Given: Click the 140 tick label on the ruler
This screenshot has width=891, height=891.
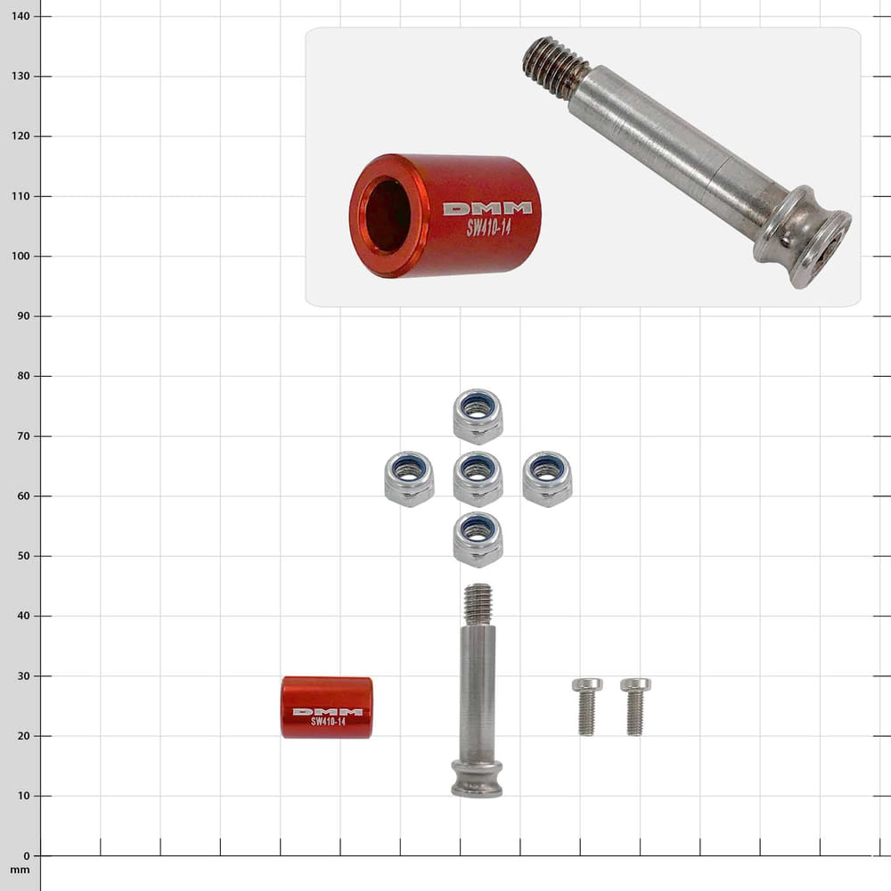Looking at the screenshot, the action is click(20, 16).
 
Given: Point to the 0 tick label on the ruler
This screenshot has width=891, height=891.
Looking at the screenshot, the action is click(26, 855).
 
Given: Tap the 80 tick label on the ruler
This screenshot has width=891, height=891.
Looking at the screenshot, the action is click(23, 376).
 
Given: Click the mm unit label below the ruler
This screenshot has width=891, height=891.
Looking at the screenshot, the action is click(20, 870).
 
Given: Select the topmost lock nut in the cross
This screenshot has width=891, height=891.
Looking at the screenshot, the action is click(478, 416).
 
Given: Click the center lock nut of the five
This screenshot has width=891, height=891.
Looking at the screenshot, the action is click(478, 478).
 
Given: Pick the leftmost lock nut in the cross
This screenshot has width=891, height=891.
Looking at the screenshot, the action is click(409, 478).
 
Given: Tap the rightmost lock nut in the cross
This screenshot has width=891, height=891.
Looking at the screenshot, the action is click(547, 478).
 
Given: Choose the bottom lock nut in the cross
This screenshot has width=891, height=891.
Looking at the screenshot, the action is click(478, 539).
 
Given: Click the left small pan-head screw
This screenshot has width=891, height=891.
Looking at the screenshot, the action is click(587, 707).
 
